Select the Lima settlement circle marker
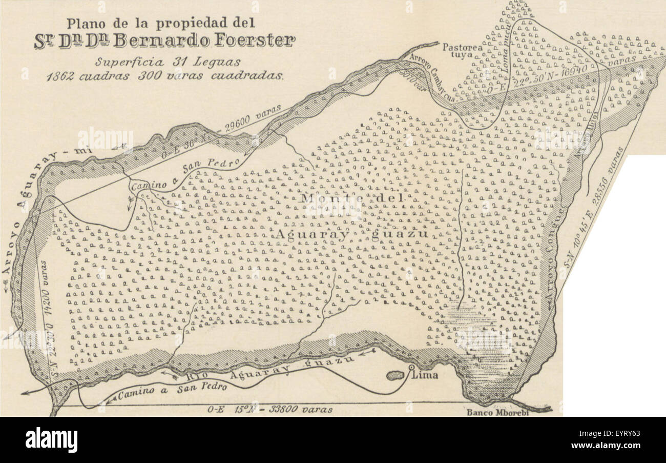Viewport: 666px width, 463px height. (x=411, y=368)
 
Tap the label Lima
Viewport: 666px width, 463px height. (x=427, y=375)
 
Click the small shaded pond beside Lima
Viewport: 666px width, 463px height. (x=395, y=376)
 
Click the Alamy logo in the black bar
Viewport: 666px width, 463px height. (x=51, y=440)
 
